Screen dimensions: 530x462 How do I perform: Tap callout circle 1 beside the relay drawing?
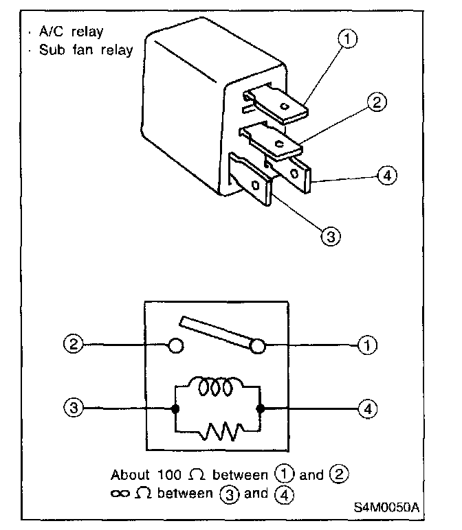[x=349, y=39]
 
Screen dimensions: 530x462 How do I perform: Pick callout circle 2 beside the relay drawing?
[x=376, y=104]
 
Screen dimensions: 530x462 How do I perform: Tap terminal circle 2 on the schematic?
[x=74, y=345]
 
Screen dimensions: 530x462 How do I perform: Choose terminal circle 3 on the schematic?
[x=74, y=408]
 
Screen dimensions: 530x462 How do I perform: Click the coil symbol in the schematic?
[x=217, y=389]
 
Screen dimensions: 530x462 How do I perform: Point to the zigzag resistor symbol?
[x=219, y=431]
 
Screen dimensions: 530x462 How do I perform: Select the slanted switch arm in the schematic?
[x=219, y=331]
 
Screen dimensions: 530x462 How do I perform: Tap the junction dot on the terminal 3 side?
[x=176, y=408]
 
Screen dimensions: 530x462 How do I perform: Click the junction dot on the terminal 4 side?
[x=260, y=408]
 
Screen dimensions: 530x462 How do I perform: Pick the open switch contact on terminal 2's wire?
[x=176, y=345]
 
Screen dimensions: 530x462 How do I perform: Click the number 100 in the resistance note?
[x=175, y=474]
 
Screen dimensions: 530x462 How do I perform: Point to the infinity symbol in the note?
[x=121, y=494]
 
